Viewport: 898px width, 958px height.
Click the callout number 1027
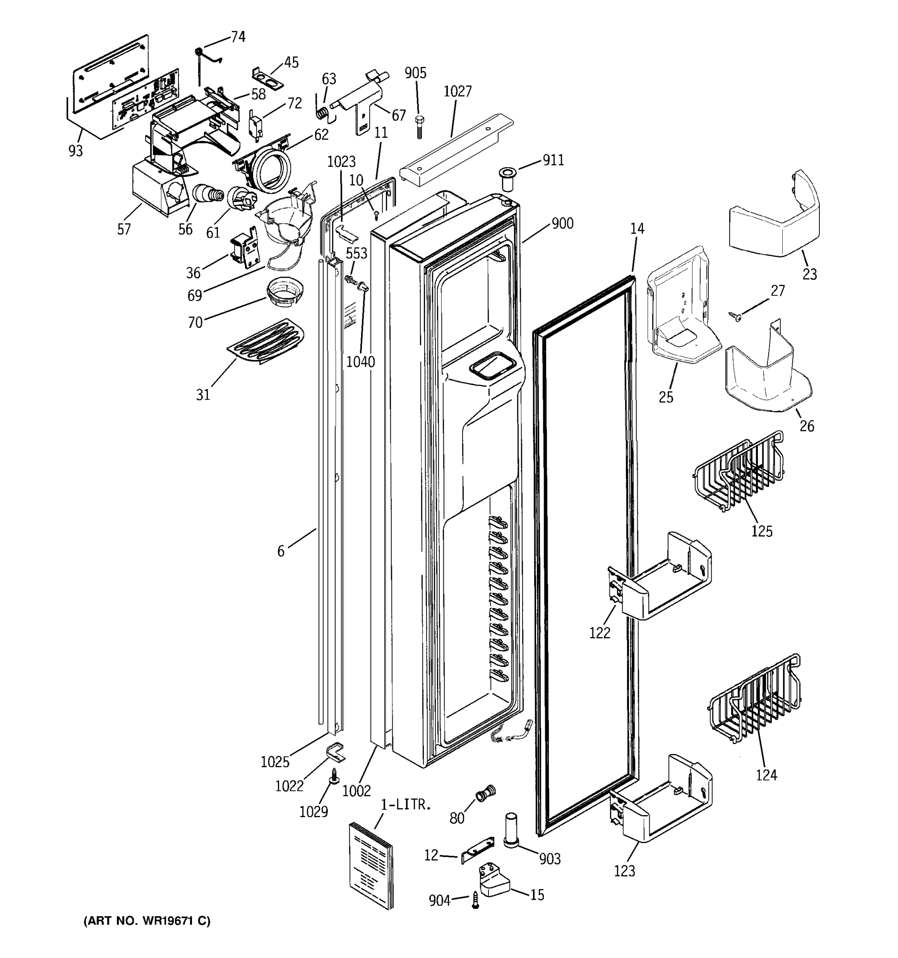coord(457,91)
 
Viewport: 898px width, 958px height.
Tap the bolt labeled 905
coord(419,126)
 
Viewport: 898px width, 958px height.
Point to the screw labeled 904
coord(475,900)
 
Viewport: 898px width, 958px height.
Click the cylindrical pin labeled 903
coord(511,828)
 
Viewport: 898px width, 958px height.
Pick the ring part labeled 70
coord(285,291)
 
